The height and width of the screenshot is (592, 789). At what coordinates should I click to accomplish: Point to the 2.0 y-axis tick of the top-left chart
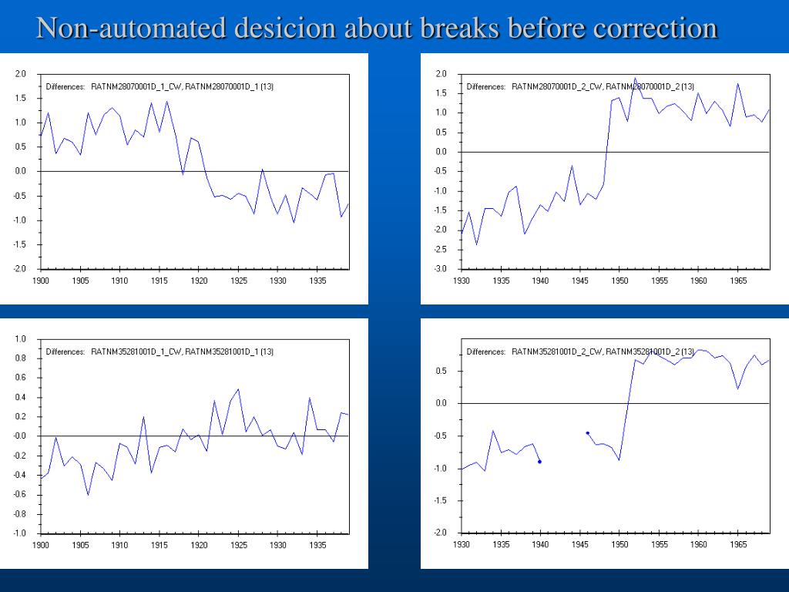click(21, 74)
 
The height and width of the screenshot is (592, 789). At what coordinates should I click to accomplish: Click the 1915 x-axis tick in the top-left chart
click(159, 281)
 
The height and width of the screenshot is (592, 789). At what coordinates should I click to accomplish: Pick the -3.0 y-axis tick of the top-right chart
click(442, 269)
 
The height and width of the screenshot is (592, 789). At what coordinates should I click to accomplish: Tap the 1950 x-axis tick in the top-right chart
click(619, 281)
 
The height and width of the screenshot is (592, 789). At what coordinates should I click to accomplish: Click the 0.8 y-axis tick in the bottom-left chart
click(21, 358)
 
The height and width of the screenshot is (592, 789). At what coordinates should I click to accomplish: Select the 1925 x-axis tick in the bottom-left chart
click(238, 546)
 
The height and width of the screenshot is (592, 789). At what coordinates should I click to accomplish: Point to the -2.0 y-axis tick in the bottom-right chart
click(442, 533)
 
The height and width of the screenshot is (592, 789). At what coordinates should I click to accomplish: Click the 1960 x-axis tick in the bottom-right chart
click(699, 546)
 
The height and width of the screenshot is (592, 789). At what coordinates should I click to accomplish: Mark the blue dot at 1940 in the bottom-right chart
click(539, 462)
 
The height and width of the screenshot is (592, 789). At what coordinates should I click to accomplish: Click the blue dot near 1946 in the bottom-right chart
click(587, 433)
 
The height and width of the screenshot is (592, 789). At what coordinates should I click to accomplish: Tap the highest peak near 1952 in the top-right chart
click(635, 78)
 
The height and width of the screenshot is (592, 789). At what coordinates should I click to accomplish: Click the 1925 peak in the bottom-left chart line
click(238, 389)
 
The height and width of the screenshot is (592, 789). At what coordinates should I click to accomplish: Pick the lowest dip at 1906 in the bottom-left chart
click(88, 495)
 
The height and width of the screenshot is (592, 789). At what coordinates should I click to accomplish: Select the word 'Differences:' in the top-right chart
click(486, 86)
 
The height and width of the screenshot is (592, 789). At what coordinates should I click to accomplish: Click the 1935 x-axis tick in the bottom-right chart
click(501, 546)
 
